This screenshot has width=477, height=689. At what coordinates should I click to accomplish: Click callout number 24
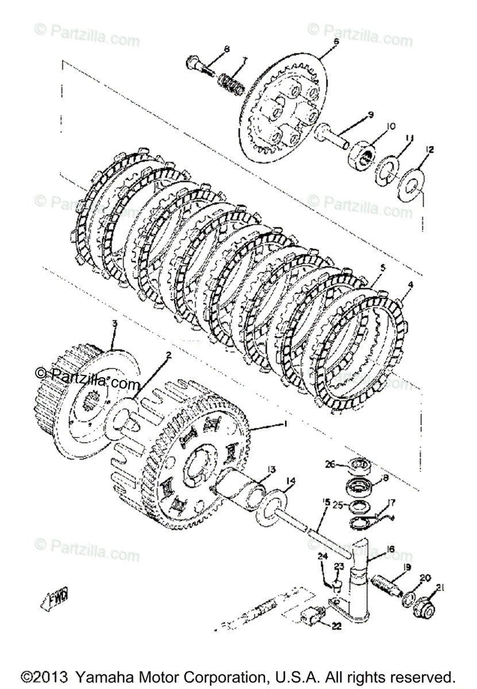pyautogui.click(x=322, y=556)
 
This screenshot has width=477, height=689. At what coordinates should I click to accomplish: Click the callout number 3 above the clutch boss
pyautogui.click(x=114, y=324)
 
